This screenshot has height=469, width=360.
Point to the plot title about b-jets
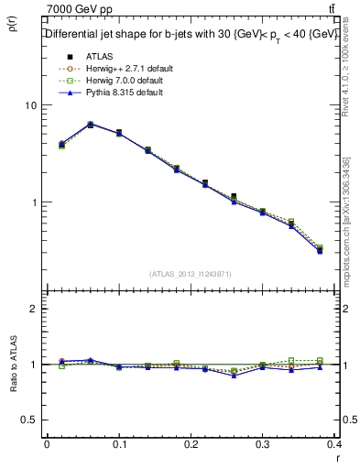tap(192, 34)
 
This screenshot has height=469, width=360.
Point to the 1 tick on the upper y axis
tap(34, 202)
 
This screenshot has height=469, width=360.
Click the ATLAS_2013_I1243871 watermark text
tap(191, 274)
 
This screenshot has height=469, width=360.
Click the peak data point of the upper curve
tap(90, 124)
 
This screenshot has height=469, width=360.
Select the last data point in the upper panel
tap(320, 249)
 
